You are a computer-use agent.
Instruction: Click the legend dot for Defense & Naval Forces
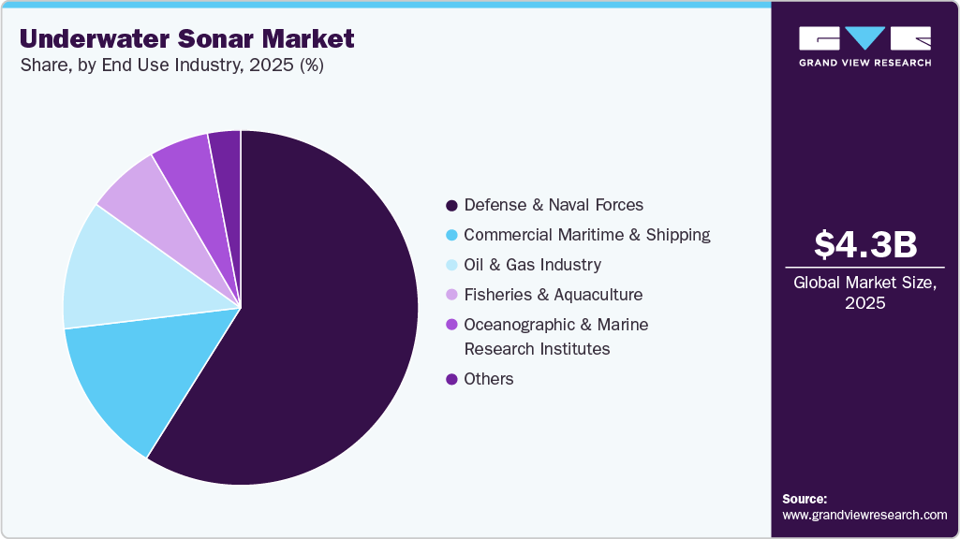(x=451, y=205)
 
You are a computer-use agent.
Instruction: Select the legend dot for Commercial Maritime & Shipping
(x=451, y=235)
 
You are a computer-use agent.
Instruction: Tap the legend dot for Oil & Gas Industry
(x=451, y=265)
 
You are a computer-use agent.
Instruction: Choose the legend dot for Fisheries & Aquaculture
(x=451, y=295)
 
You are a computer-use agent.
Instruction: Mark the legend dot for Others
(x=451, y=379)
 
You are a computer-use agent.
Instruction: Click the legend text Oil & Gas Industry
(x=532, y=265)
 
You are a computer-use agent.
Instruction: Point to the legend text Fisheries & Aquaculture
(x=553, y=295)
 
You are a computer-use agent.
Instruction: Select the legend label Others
(x=489, y=379)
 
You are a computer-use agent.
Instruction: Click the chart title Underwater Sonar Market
(x=187, y=39)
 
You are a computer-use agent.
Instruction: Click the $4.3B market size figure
(x=864, y=244)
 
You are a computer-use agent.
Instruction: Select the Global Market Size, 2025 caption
(x=864, y=292)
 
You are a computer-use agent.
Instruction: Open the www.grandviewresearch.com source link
(x=864, y=516)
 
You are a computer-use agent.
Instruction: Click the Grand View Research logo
(x=864, y=46)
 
